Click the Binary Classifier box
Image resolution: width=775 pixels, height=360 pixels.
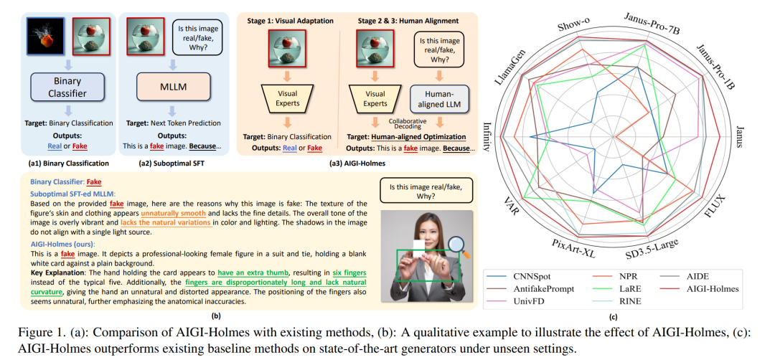[x=67, y=87]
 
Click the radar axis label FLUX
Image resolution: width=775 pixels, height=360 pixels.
[x=715, y=204]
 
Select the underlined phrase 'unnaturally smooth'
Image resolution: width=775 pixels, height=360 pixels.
[x=173, y=214]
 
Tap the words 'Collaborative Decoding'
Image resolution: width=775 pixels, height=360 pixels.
[x=400, y=123]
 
